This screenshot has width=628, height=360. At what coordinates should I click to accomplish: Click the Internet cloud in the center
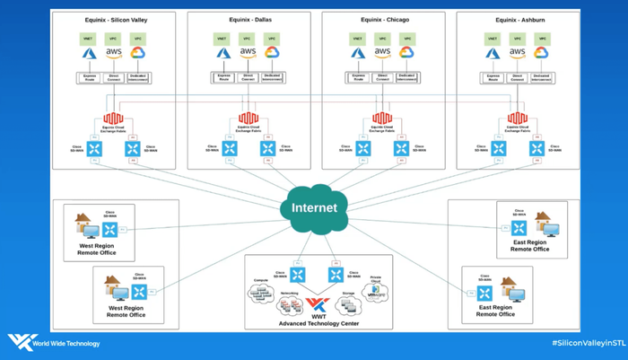coord(314,207)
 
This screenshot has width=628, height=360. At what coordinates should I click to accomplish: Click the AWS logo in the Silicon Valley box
coord(113,52)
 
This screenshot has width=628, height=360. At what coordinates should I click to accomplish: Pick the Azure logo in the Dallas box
coord(222,53)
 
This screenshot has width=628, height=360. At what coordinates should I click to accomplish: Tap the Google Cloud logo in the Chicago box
coord(407,53)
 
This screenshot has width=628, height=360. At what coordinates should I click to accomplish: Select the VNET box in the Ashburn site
coord(493,39)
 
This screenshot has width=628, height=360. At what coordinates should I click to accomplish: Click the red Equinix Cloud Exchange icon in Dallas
coord(249,119)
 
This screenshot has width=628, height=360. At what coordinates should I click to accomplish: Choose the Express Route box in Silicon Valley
coord(89,78)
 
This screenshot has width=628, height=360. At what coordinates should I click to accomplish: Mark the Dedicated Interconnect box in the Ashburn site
coord(541,78)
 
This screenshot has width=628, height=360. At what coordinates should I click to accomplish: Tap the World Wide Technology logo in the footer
coord(54,343)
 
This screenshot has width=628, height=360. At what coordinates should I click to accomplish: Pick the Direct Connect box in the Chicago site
coord(383,78)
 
